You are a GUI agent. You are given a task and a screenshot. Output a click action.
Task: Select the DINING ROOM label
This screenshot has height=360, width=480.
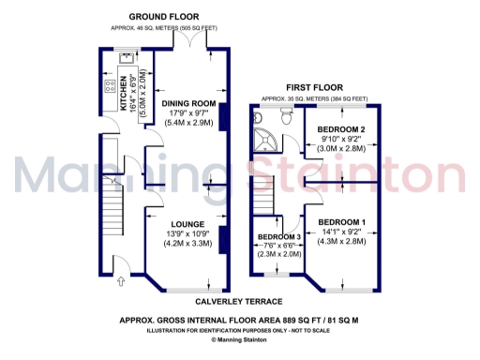[x=188, y=103]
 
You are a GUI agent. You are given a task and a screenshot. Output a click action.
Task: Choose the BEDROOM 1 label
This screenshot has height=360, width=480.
[x=343, y=221]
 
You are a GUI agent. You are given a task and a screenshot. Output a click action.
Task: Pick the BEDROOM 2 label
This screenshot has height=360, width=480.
[x=340, y=128]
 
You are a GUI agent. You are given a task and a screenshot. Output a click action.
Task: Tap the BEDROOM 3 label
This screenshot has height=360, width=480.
[x=278, y=235]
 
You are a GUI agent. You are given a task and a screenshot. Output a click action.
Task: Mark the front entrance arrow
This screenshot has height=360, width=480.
[x=119, y=278]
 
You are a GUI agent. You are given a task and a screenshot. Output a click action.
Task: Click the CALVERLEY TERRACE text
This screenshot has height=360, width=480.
[x=239, y=302]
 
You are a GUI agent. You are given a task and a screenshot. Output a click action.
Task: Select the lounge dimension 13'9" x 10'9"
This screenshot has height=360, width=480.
[x=188, y=233]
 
